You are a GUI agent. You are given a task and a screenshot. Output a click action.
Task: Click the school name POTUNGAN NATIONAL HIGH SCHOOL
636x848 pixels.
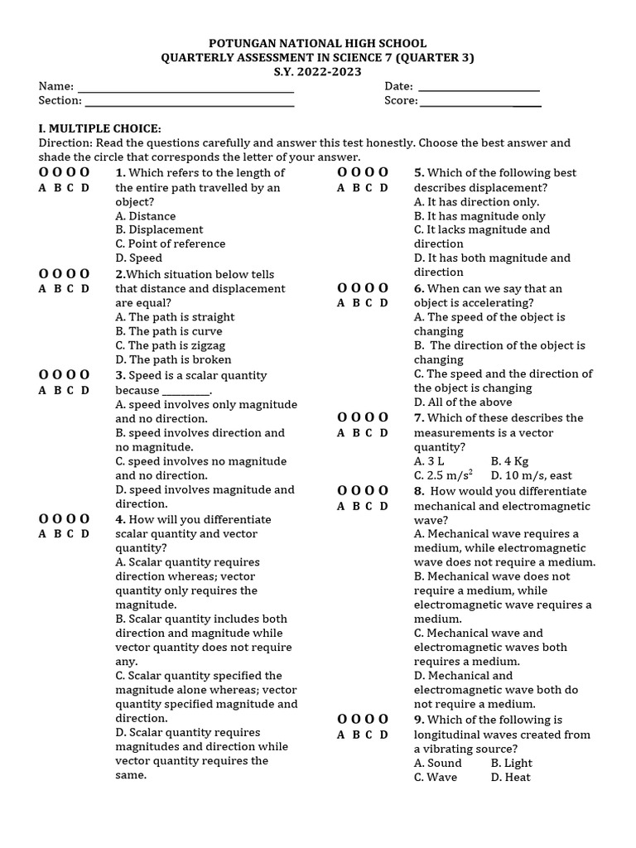(x=318, y=43)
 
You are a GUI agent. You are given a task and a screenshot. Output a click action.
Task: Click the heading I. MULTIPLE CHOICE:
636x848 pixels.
(x=99, y=128)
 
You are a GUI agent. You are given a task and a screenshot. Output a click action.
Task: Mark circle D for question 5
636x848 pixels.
(x=383, y=173)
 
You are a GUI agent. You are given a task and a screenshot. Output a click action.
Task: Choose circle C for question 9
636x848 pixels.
(x=369, y=720)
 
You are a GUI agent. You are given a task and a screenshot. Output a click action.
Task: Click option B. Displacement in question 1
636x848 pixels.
(x=159, y=229)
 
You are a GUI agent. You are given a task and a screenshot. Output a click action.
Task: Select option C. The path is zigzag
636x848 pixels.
(x=170, y=345)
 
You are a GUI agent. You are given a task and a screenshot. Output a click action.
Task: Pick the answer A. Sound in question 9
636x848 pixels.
(x=438, y=764)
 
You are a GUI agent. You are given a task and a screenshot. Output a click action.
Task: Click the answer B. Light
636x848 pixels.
(x=511, y=764)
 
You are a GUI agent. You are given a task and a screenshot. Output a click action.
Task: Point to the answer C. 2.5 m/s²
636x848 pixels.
(x=444, y=475)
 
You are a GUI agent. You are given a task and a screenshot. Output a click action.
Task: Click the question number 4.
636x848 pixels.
(x=120, y=520)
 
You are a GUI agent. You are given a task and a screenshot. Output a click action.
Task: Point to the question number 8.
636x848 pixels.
(x=419, y=491)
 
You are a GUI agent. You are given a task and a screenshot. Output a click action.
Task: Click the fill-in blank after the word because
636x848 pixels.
(x=186, y=391)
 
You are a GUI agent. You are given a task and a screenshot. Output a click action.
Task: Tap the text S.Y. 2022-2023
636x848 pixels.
(x=318, y=72)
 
